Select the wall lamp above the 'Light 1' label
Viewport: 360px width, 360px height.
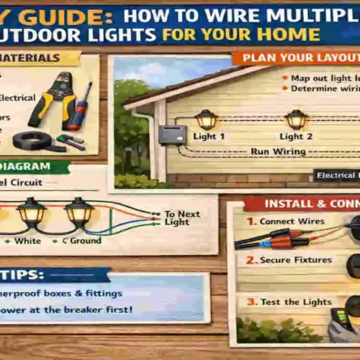204,118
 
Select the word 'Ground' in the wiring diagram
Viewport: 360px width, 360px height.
84,240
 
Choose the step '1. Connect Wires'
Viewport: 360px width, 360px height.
286,222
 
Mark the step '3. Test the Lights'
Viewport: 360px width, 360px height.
290,301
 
